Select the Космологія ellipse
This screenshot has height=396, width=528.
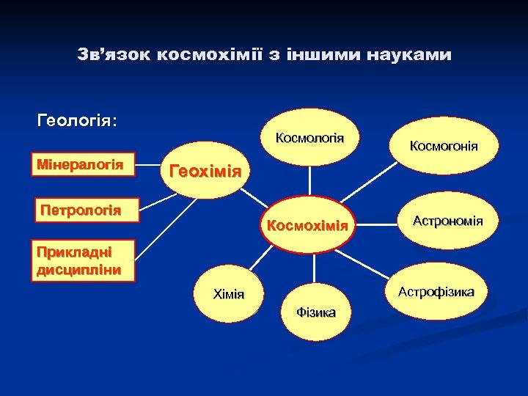309,139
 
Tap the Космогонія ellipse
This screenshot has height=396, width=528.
444,146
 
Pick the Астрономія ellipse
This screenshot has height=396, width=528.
447,220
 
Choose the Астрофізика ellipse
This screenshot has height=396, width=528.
436,292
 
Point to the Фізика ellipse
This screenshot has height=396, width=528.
315,312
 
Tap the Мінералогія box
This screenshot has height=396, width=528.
81,164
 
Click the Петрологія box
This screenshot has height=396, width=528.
81,211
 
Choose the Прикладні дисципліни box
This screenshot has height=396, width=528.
74,260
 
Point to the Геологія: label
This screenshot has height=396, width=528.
77,120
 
